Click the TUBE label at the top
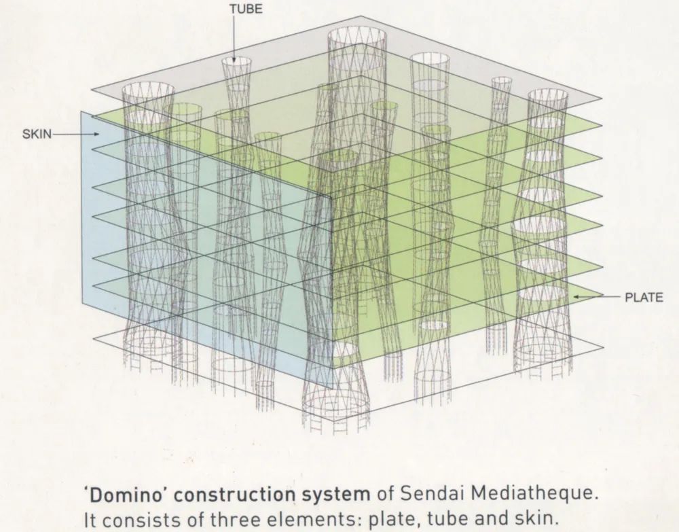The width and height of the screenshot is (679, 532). tap(246, 10)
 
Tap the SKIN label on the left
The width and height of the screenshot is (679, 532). tap(37, 135)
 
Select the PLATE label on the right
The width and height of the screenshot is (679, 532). tap(644, 298)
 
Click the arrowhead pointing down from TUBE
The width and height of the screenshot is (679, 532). tap(234, 59)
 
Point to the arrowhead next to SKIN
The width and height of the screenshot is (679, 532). tap(96, 135)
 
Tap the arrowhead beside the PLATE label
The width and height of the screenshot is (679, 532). tap(576, 297)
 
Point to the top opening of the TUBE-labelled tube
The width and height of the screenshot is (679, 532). tap(236, 61)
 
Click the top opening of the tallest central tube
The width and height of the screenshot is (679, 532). tap(357, 34)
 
